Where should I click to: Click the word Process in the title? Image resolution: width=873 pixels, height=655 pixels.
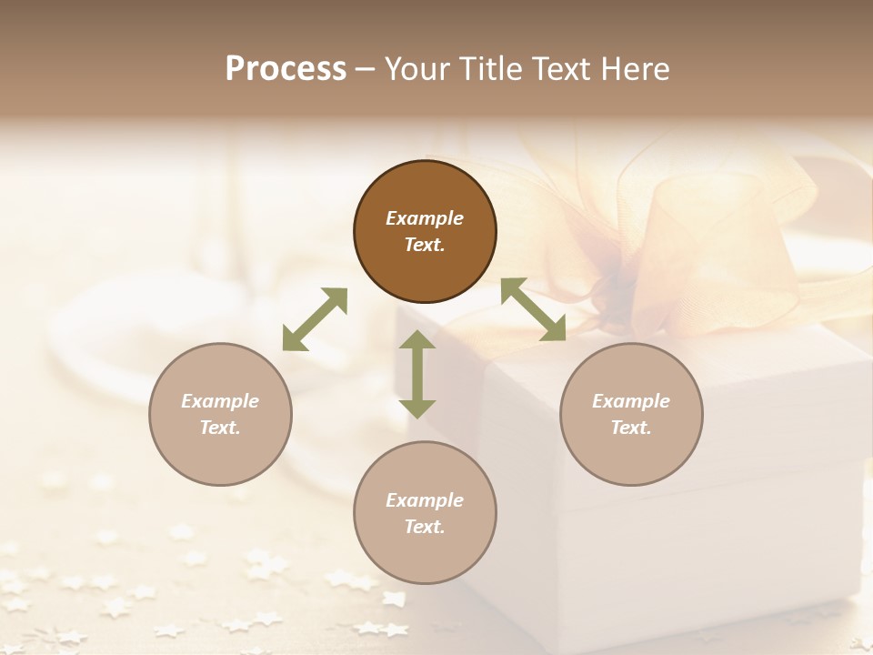click(x=286, y=69)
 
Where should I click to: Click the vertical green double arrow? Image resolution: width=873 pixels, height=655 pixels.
click(x=417, y=374)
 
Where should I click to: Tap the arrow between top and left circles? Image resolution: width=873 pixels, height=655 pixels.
click(x=315, y=319)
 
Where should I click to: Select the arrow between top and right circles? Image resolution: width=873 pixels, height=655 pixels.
click(x=533, y=309)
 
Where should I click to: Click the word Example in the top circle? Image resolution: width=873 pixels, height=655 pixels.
click(x=425, y=218)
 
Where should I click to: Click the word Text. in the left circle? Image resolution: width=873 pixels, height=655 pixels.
click(x=220, y=428)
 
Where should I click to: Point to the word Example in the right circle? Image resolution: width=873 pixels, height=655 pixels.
click(x=631, y=401)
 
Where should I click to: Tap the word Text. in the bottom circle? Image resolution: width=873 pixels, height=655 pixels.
click(x=425, y=527)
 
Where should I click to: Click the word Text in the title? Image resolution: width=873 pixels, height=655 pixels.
click(x=566, y=69)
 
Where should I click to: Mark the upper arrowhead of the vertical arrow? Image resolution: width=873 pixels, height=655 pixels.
click(x=417, y=340)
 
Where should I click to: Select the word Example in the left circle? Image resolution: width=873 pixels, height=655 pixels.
click(x=220, y=401)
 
